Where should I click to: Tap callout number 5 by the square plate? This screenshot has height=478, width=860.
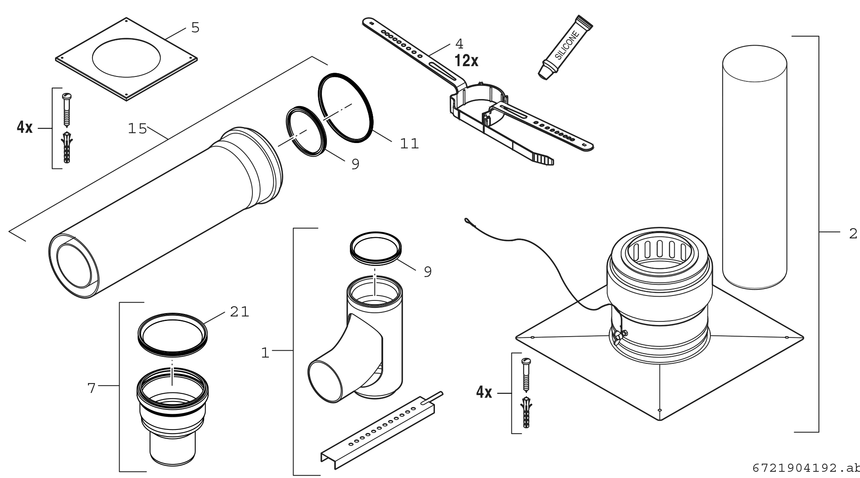coord(195,28)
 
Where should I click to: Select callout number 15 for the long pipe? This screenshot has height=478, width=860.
coord(137,129)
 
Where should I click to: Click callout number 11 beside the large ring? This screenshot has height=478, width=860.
coord(409,144)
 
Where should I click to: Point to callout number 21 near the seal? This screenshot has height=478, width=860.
coord(240,312)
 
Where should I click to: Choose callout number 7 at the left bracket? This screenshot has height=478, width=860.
coord(92,388)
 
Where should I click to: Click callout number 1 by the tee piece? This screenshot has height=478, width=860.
coord(266,353)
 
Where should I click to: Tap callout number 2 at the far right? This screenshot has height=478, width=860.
coord(853,233)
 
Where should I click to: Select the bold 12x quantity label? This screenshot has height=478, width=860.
coord(466,61)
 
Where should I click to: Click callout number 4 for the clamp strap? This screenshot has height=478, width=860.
coord(459,43)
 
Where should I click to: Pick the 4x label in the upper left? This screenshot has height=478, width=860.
coord(25,127)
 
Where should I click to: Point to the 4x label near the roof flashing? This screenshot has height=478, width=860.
coord(484,393)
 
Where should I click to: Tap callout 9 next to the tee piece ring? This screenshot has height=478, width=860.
coord(428,272)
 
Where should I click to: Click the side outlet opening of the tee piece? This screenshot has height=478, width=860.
coord(325,380)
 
